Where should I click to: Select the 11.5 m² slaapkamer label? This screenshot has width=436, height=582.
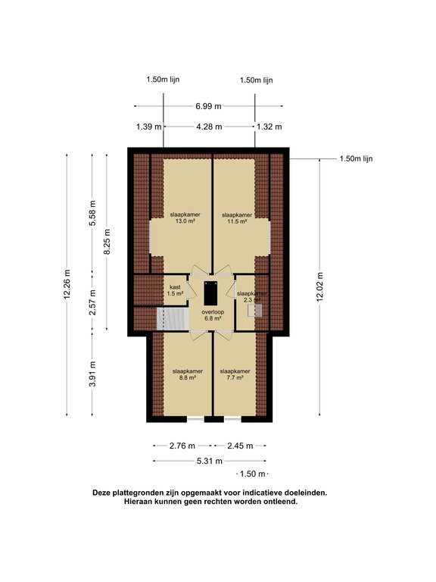pos(237,218)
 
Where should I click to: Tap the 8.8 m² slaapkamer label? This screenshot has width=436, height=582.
pos(185,375)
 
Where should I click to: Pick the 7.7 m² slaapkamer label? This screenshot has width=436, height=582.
pos(234,375)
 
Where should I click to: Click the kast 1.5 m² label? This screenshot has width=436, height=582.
pos(176,289)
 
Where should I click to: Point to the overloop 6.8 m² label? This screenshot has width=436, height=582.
pos(212,315)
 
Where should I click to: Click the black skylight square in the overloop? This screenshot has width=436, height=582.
pos(211,289)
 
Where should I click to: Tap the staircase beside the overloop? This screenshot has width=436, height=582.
pos(172,318)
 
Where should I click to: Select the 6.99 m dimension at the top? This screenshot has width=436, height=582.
pos(208,107)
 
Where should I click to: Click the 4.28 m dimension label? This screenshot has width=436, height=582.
pos(208,127)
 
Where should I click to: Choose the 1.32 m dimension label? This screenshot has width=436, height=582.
pos(269,127)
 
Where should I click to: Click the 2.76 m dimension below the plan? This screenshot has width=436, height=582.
pos(182,446)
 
